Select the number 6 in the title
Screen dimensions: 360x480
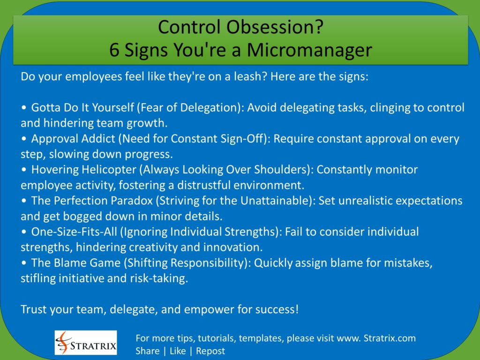pyautogui.click(x=115, y=50)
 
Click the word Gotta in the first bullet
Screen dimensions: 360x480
pyautogui.click(x=45, y=108)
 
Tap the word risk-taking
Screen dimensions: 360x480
pyautogui.click(x=160, y=278)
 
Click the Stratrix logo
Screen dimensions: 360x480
pyautogui.click(x=86, y=342)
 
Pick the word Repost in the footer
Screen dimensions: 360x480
pyautogui.click(x=210, y=351)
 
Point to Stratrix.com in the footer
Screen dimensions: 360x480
pyautogui.click(x=390, y=338)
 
